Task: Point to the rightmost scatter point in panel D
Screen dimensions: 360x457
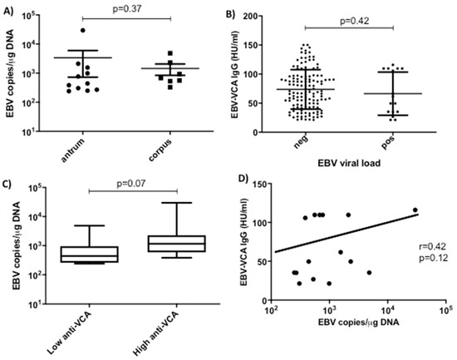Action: [415, 210]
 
